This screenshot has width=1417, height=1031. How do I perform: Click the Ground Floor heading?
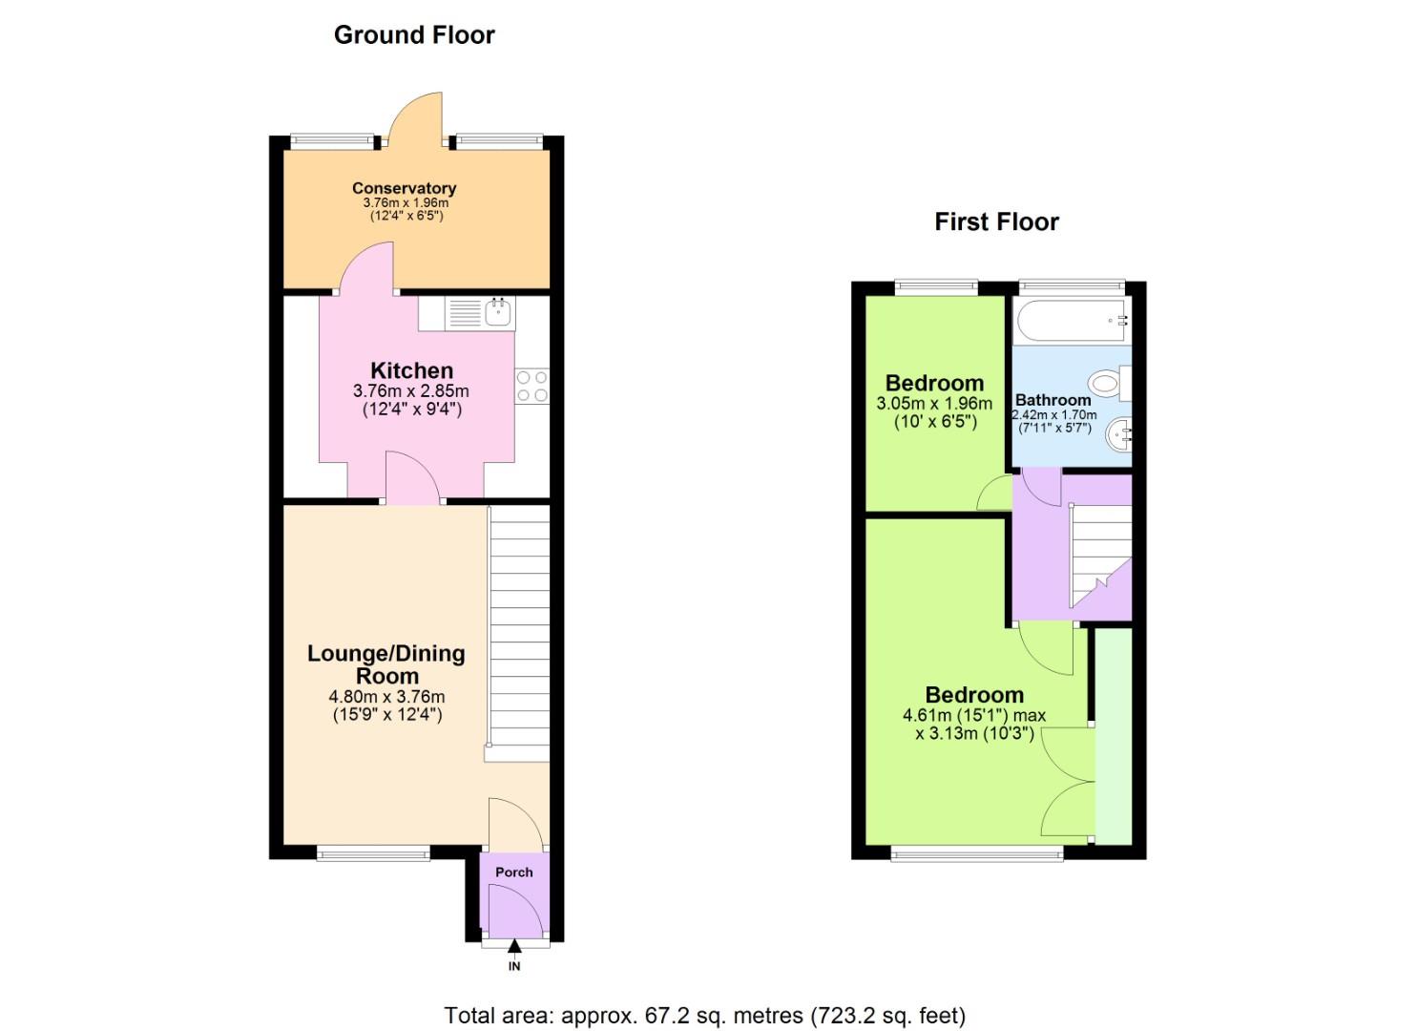(414, 35)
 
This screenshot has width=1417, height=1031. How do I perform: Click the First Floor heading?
(996, 222)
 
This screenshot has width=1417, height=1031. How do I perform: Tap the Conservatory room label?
(404, 188)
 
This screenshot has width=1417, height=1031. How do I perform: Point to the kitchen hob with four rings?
(532, 386)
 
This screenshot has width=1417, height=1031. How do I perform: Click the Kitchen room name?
(411, 370)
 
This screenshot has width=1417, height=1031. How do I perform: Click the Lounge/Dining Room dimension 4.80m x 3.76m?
(386, 697)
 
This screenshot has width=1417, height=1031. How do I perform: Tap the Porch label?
(514, 872)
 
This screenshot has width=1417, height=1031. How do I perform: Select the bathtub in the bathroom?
(1071, 322)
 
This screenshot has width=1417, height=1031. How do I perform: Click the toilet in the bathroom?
(1107, 384)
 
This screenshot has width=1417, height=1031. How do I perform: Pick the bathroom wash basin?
(1118, 436)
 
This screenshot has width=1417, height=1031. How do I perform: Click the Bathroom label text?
(1052, 400)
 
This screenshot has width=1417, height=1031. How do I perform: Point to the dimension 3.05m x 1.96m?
(934, 404)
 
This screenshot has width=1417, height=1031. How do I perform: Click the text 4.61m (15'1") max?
(973, 715)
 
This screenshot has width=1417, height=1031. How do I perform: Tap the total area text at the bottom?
(704, 1015)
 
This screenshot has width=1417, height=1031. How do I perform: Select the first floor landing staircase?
(1102, 552)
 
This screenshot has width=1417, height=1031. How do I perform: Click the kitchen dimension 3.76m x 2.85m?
(411, 391)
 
